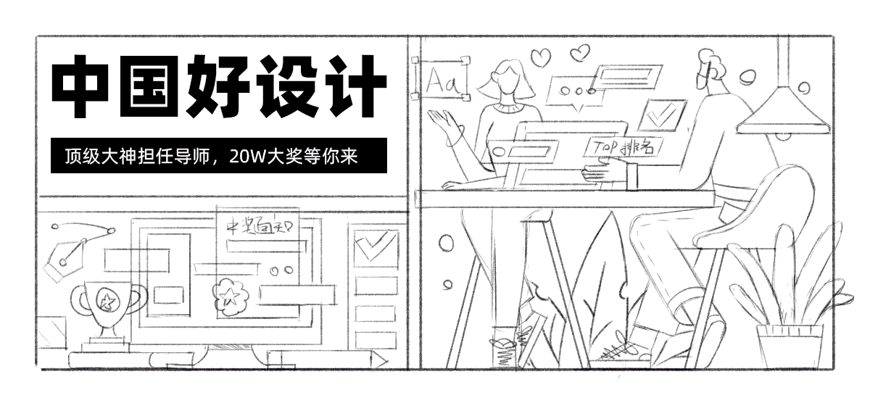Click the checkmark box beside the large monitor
(375, 247)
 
